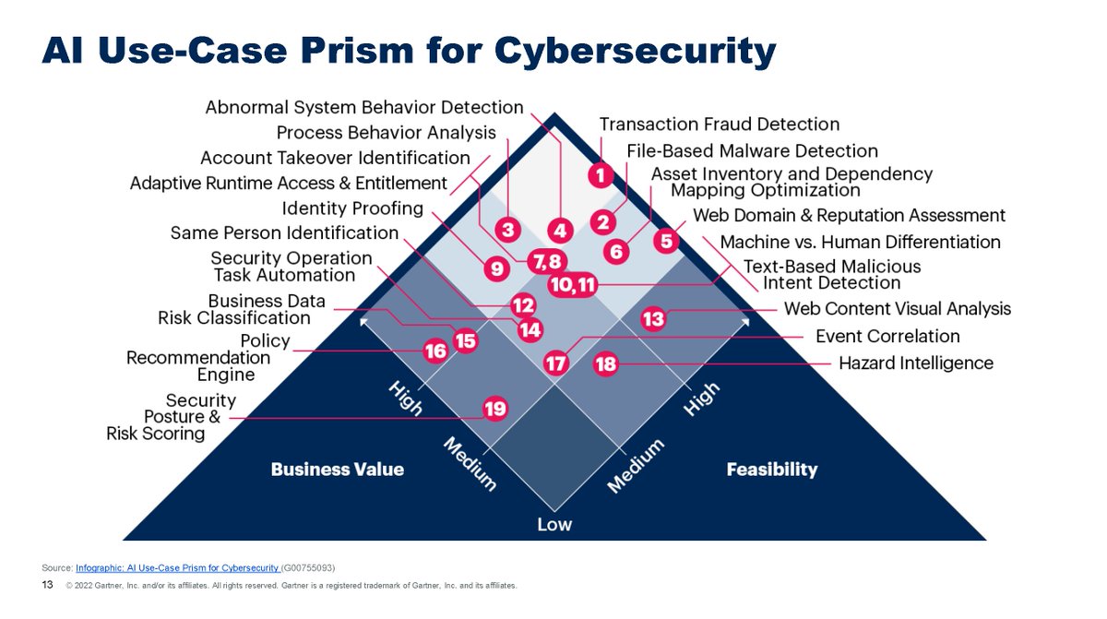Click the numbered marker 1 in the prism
coord(601,173)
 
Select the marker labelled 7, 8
coord(543,261)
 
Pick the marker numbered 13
coord(653,319)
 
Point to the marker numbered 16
coord(434,351)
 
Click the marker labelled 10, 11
coord(573,285)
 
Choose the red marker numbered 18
coord(605,364)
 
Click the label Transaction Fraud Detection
coord(720,125)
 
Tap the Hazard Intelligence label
coord(915,363)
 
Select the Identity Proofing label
coord(352,208)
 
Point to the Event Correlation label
coord(887,337)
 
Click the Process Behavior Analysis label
coord(386,133)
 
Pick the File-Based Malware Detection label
coord(752,150)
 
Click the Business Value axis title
coord(337,470)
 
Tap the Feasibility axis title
coord(772,470)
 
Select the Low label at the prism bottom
coord(554,525)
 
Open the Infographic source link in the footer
coord(177,566)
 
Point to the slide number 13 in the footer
coord(48,585)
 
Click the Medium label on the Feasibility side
coord(636,466)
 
